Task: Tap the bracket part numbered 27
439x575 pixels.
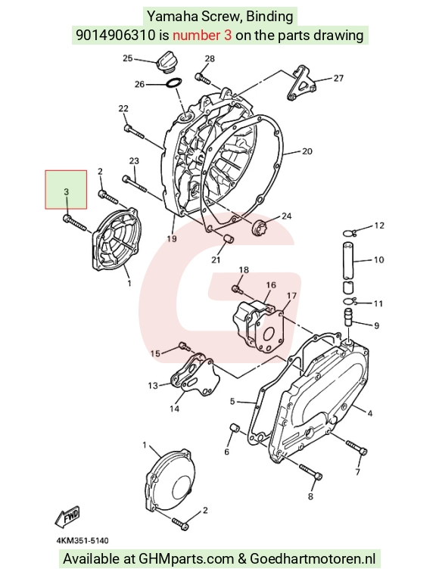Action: click(300, 83)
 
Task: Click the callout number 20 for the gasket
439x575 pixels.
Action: click(307, 151)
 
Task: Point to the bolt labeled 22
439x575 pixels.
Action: click(134, 132)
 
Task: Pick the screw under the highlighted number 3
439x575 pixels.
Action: click(74, 223)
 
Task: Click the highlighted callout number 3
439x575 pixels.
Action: click(66, 191)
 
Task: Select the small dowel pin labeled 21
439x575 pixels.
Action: click(229, 240)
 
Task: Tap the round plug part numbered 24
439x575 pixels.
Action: click(258, 227)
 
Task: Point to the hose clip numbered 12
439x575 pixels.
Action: click(350, 232)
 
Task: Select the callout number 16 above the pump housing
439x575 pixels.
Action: click(271, 285)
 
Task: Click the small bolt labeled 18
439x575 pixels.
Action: click(238, 289)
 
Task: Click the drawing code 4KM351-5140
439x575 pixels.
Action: click(83, 540)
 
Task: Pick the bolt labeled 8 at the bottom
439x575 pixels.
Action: click(311, 472)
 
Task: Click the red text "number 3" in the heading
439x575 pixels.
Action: click(202, 36)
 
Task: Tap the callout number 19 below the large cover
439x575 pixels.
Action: click(172, 239)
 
